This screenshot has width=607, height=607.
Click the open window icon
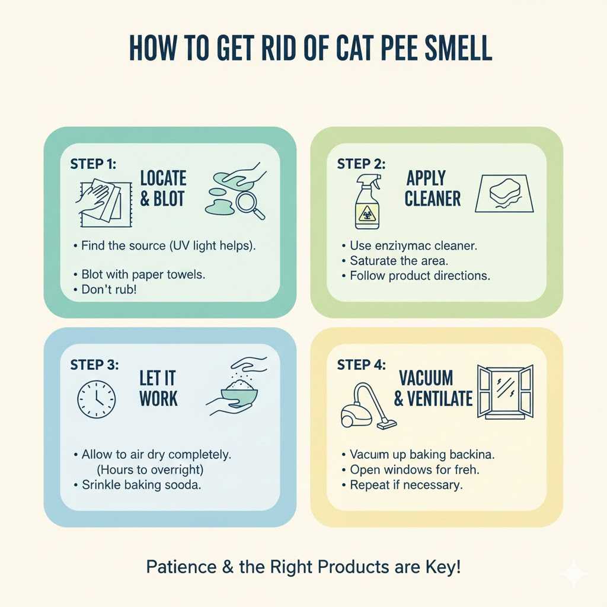coord(505,392)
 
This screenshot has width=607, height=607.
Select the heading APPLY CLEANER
coord(432,188)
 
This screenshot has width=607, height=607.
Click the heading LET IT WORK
coord(158,388)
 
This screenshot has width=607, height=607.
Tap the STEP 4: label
coord(361,365)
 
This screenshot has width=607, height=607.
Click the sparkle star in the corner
coord(574,574)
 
